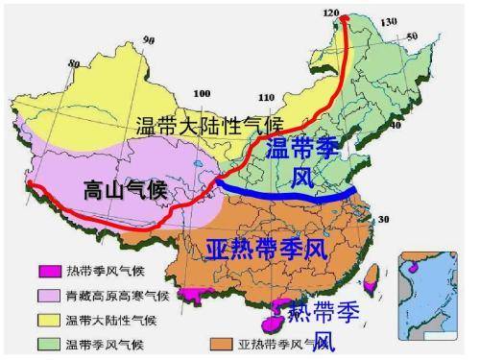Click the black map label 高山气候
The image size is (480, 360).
pyautogui.click(x=125, y=189)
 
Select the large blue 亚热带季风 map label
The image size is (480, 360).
pyautogui.click(x=266, y=249)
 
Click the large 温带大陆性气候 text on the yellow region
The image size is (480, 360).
pyautogui.click(x=208, y=125)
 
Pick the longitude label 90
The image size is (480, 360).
pyautogui.click(x=149, y=40)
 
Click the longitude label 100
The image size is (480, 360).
pyautogui.click(x=202, y=93)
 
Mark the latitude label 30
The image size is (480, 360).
pyautogui.click(x=383, y=220)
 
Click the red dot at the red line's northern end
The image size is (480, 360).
pyautogui.click(x=346, y=17)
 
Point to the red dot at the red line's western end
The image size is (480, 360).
pyautogui.click(x=31, y=183)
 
